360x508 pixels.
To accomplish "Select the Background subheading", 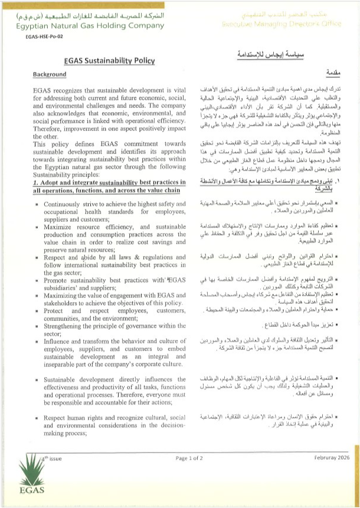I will (50, 75).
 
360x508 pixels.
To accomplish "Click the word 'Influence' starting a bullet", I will (60, 324).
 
